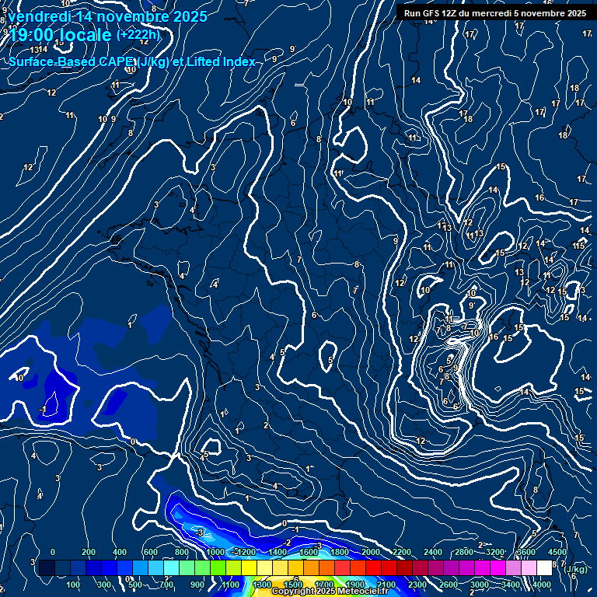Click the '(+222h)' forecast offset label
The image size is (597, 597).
(x=138, y=34)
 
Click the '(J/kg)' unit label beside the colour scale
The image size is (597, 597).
(x=576, y=569)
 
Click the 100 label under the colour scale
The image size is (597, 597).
(x=74, y=585)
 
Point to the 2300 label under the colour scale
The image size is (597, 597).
(x=417, y=585)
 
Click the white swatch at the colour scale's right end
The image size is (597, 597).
(x=544, y=568)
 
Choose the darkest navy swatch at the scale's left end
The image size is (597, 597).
(x=47, y=568)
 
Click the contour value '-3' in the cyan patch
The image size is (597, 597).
(x=200, y=532)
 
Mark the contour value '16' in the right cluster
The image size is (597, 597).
(x=494, y=337)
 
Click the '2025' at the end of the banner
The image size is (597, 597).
(x=575, y=13)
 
